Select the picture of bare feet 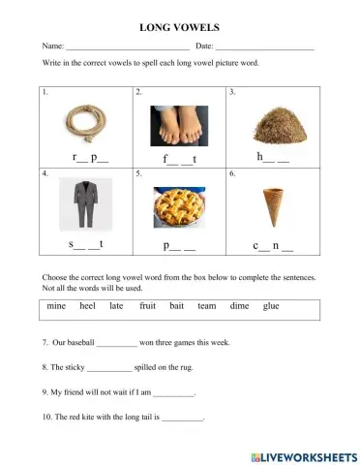pos(181,125)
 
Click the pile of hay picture pos(272,125)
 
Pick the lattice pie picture pos(180,205)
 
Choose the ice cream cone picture pos(273,205)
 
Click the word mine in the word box pos(56,306)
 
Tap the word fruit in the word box pos(147,306)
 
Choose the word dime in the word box pos(239,306)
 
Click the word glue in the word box pos(271,306)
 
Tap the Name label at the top pos(51,46)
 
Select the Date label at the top pos(203,46)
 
